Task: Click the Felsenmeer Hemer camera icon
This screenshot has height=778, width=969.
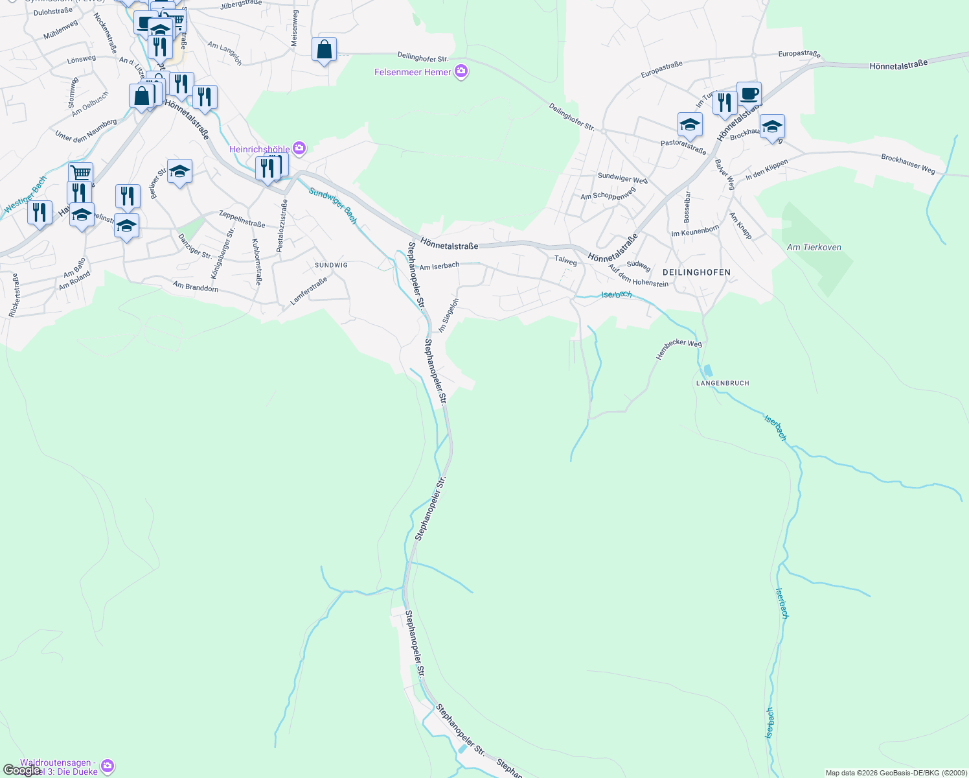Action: (461, 71)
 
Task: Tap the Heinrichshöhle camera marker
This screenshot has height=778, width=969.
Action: (299, 148)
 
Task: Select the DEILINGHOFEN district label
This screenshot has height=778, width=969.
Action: (696, 272)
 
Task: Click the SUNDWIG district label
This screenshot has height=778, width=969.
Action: (331, 265)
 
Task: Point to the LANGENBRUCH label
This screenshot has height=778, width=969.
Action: (722, 383)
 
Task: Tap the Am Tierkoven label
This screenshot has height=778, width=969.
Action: (814, 247)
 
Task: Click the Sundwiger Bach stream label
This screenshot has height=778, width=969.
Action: (333, 206)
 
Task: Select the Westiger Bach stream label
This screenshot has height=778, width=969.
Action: (25, 194)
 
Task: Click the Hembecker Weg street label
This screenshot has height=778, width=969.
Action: (679, 349)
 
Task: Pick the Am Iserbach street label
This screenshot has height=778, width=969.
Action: (439, 266)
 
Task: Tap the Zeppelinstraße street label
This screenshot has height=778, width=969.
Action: (242, 218)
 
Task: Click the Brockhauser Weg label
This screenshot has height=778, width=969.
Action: (908, 164)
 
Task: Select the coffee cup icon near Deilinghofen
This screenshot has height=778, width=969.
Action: (749, 93)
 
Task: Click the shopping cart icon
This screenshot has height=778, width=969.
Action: (80, 173)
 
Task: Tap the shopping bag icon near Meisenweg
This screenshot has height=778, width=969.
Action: (324, 49)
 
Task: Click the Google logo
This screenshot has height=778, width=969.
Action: (21, 770)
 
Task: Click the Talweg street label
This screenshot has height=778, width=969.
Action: (565, 261)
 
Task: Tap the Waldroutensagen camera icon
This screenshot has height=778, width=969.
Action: (108, 766)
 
